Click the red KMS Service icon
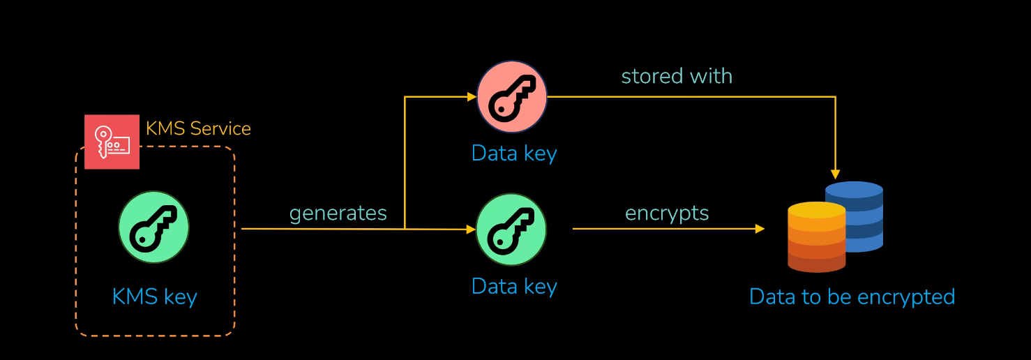tap(112, 142)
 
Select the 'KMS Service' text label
tap(198, 129)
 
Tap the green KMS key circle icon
tap(153, 227)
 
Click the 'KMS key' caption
tap(155, 297)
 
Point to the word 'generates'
tap(338, 213)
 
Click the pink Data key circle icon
tap(511, 97)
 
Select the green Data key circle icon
tap(511, 229)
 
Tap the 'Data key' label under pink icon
tap(514, 153)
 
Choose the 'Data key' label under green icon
tap(514, 287)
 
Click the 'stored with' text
tap(677, 76)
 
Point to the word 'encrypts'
tap(667, 213)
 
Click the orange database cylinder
tap(816, 241)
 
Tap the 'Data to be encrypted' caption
tap(852, 297)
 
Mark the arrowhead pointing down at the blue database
tap(835, 174)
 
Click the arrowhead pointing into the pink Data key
tap(472, 97)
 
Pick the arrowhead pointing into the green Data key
tap(471, 229)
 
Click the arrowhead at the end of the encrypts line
tap(760, 229)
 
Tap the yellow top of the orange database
tap(816, 210)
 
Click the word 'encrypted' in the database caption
tap(905, 297)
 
